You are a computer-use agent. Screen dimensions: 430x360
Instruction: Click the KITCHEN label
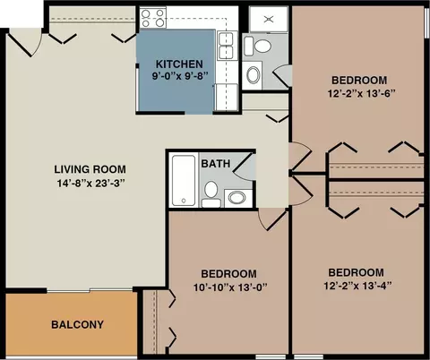point(179,64)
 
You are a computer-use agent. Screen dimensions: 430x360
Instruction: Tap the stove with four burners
point(153,18)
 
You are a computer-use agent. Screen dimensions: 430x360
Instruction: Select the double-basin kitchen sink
point(226,46)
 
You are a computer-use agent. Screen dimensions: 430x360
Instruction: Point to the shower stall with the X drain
point(269,19)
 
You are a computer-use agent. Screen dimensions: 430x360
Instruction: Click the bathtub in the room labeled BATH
point(184,180)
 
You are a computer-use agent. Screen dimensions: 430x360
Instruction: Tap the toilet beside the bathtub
point(211,194)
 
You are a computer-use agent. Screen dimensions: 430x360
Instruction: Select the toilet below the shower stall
point(258,46)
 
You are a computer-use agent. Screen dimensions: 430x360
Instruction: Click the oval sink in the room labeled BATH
point(237,198)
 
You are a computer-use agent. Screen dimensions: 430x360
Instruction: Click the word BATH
point(216,164)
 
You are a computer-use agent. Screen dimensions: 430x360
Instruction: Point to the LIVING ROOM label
point(90,169)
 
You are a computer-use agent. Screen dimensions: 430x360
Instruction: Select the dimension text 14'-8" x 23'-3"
point(90,183)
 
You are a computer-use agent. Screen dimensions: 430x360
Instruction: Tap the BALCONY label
point(77,324)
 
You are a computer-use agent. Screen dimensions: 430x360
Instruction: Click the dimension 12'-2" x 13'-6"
point(362,94)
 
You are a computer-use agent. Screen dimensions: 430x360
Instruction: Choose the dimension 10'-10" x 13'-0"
point(230,287)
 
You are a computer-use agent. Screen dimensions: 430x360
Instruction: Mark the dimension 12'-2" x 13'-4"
point(357,286)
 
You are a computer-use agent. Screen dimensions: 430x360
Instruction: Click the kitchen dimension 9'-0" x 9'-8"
point(180,76)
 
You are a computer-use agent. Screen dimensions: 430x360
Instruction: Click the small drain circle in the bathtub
point(184,201)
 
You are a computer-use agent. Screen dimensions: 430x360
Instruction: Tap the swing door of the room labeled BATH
point(244,167)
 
